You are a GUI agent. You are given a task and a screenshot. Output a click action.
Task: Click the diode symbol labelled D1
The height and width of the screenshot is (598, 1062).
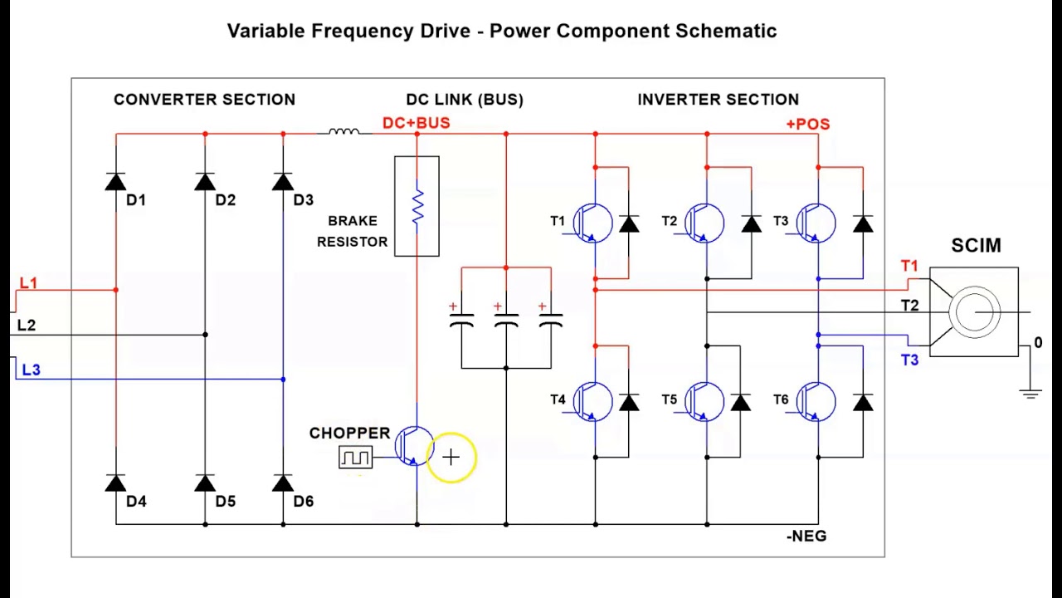click(116, 182)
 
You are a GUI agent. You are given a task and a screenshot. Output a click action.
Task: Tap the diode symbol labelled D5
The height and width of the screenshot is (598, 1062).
click(205, 483)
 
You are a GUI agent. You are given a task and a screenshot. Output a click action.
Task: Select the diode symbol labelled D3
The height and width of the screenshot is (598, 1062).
click(283, 182)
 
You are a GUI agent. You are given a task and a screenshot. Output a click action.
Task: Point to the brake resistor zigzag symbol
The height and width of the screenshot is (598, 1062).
click(417, 206)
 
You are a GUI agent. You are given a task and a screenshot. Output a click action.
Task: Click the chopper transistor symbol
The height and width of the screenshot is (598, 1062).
click(414, 446)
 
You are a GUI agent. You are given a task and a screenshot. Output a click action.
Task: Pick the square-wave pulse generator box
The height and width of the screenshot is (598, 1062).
click(356, 458)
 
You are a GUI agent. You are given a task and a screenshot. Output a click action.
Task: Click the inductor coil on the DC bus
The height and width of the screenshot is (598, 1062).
click(343, 131)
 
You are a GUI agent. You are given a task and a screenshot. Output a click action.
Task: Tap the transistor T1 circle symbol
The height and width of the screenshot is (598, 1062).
click(592, 223)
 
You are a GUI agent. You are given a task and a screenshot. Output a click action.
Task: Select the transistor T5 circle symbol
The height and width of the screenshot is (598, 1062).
click(704, 402)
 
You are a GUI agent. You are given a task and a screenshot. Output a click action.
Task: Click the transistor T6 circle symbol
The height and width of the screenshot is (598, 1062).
click(816, 402)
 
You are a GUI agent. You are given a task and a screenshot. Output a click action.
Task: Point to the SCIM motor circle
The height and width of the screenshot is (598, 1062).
click(974, 312)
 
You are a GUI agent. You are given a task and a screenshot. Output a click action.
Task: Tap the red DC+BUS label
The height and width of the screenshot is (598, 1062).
click(416, 123)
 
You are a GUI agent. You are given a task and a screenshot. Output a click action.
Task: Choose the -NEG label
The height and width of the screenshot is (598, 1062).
click(806, 537)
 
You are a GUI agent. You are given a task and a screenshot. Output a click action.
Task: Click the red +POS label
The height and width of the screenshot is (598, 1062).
click(808, 124)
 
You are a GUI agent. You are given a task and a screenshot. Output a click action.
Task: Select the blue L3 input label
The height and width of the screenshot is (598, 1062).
click(32, 370)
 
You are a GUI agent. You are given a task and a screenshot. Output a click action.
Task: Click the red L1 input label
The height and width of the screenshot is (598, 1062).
click(28, 283)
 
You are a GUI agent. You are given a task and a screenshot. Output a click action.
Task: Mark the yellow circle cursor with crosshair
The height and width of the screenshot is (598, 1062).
click(451, 457)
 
